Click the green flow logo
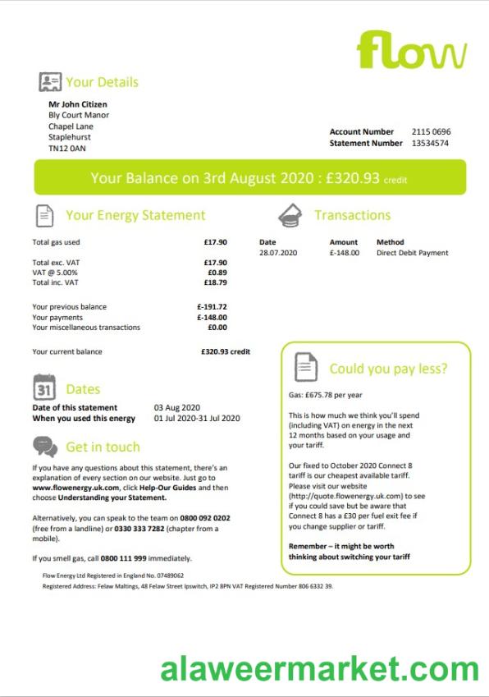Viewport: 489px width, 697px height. pos(412,51)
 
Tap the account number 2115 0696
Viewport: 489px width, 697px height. pos(431,131)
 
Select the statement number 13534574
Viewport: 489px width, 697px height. pos(431,143)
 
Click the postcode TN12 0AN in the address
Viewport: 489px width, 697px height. pos(66,149)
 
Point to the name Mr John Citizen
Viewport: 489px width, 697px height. pos(78,104)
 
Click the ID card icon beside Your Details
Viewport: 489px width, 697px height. pos(50,82)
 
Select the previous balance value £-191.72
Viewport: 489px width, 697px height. pos(212,307)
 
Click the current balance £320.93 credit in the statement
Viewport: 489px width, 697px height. pos(225,351)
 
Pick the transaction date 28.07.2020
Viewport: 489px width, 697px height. pos(277,253)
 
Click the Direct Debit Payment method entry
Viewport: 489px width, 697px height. pos(412,253)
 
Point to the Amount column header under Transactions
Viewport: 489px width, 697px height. pos(343,242)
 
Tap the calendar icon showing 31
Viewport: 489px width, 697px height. pos(44,387)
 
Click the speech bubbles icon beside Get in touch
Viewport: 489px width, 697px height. pos(45,447)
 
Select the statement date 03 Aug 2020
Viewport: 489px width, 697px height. pos(176,407)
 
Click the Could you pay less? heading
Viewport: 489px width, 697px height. pos(388,369)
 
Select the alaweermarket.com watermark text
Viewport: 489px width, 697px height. pos(319,669)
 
